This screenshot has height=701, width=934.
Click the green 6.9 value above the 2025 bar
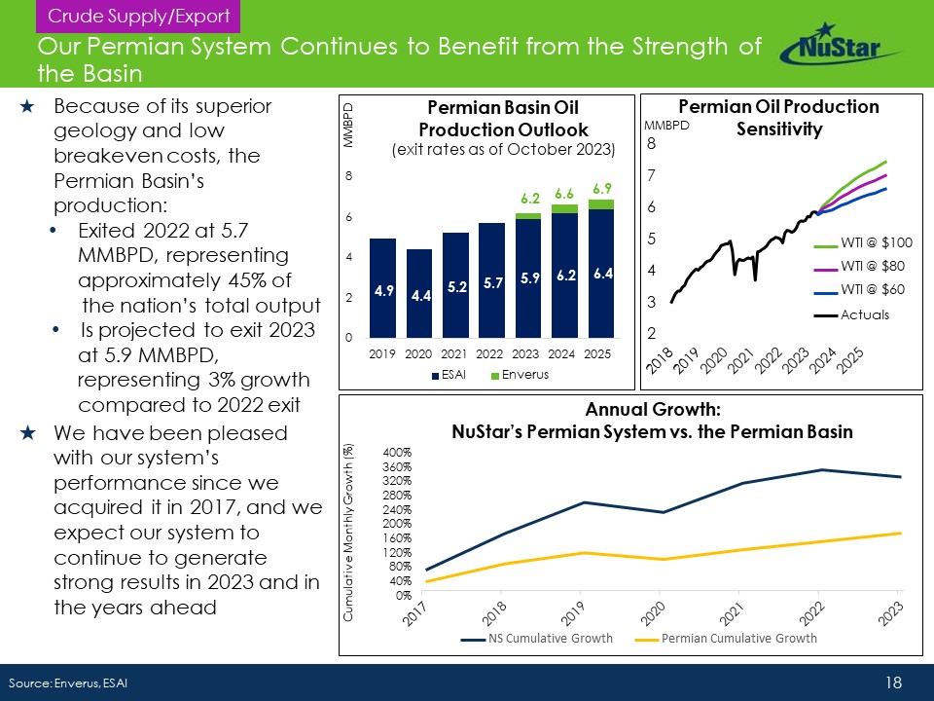pos(601,187)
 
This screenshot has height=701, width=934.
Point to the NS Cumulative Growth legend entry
pos(537,639)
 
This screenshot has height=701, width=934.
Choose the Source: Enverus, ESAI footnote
pos(68,683)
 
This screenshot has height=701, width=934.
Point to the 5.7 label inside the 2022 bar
pos(492,282)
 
